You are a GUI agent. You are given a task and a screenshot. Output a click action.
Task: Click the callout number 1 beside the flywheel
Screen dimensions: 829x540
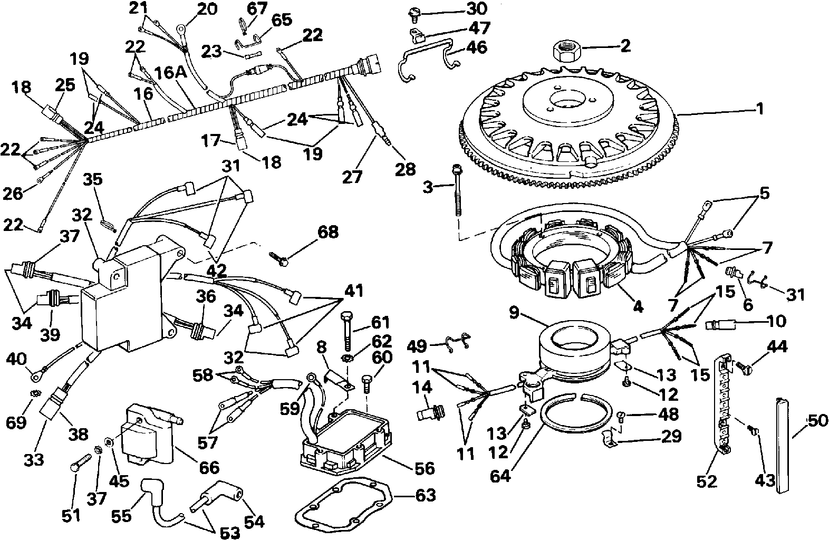(759, 109)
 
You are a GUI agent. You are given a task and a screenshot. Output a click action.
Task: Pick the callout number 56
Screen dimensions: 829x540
(424, 469)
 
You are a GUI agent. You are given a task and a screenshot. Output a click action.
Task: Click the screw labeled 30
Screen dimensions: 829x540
(412, 14)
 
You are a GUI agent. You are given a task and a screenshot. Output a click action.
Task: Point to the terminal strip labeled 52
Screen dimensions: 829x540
(723, 408)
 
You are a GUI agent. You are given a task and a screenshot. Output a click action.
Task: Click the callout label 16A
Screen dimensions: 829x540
(170, 73)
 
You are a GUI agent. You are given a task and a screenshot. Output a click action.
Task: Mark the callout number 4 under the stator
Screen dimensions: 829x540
(638, 307)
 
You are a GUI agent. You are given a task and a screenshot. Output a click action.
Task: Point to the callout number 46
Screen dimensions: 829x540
(477, 47)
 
